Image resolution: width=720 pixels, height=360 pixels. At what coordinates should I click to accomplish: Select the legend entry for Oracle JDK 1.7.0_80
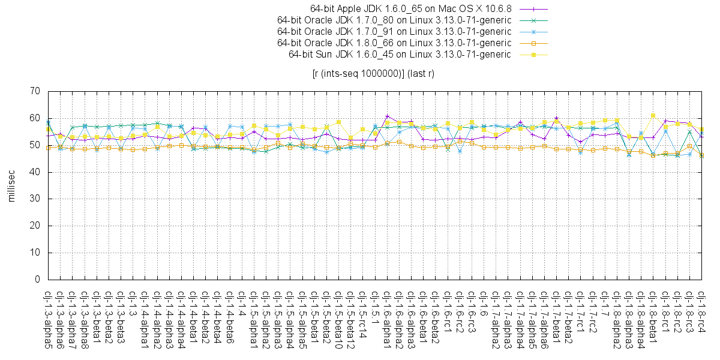(394, 20)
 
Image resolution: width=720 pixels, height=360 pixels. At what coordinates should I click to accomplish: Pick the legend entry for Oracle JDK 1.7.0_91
(394, 32)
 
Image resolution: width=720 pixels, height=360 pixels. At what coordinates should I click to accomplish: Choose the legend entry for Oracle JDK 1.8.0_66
(394, 43)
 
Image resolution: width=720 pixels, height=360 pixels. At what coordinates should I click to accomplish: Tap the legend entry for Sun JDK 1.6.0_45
(400, 55)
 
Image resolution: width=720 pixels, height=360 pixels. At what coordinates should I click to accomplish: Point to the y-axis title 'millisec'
(11, 185)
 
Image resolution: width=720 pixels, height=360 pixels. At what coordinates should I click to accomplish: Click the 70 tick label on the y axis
(34, 91)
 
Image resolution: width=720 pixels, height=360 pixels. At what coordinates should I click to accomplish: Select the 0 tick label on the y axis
(37, 280)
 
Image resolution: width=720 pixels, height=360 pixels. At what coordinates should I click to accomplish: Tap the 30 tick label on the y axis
(34, 199)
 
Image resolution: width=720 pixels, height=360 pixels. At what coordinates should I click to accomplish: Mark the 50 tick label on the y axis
(34, 145)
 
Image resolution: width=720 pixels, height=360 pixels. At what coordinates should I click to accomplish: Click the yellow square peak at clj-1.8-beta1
(653, 115)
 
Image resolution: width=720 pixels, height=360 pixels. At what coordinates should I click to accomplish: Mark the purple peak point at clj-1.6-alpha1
(387, 116)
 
